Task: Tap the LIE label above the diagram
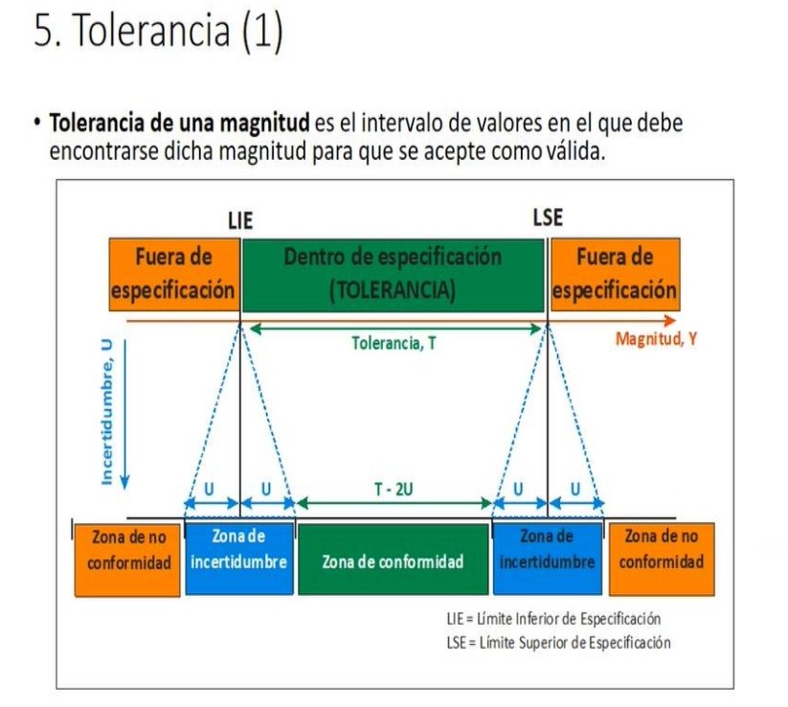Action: pos(239,219)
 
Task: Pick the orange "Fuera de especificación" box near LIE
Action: pos(173,274)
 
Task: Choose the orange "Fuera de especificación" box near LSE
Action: pos(615,274)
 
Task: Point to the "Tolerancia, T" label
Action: pos(394,342)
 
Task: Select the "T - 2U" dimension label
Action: pos(394,489)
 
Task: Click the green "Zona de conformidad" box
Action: pos(393,560)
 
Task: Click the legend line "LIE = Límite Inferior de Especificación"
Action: pos(553,619)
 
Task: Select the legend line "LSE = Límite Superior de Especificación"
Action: pos(557,642)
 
